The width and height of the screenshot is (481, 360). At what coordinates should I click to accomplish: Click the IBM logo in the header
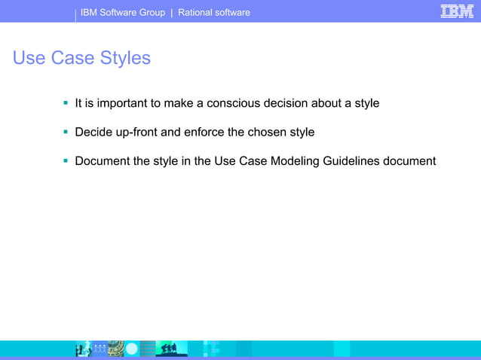click(x=457, y=11)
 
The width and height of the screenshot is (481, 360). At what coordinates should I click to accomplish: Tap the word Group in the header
click(x=152, y=12)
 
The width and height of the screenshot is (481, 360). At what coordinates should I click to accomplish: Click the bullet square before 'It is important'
click(x=66, y=102)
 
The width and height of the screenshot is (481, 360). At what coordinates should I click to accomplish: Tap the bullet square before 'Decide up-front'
click(x=66, y=131)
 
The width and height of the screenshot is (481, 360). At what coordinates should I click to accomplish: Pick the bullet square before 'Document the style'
click(x=66, y=160)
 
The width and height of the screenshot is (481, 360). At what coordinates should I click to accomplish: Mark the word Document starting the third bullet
click(x=102, y=161)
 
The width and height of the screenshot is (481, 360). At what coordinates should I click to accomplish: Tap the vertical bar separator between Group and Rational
click(x=172, y=12)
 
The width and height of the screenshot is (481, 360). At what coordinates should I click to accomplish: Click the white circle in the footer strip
click(x=132, y=349)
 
